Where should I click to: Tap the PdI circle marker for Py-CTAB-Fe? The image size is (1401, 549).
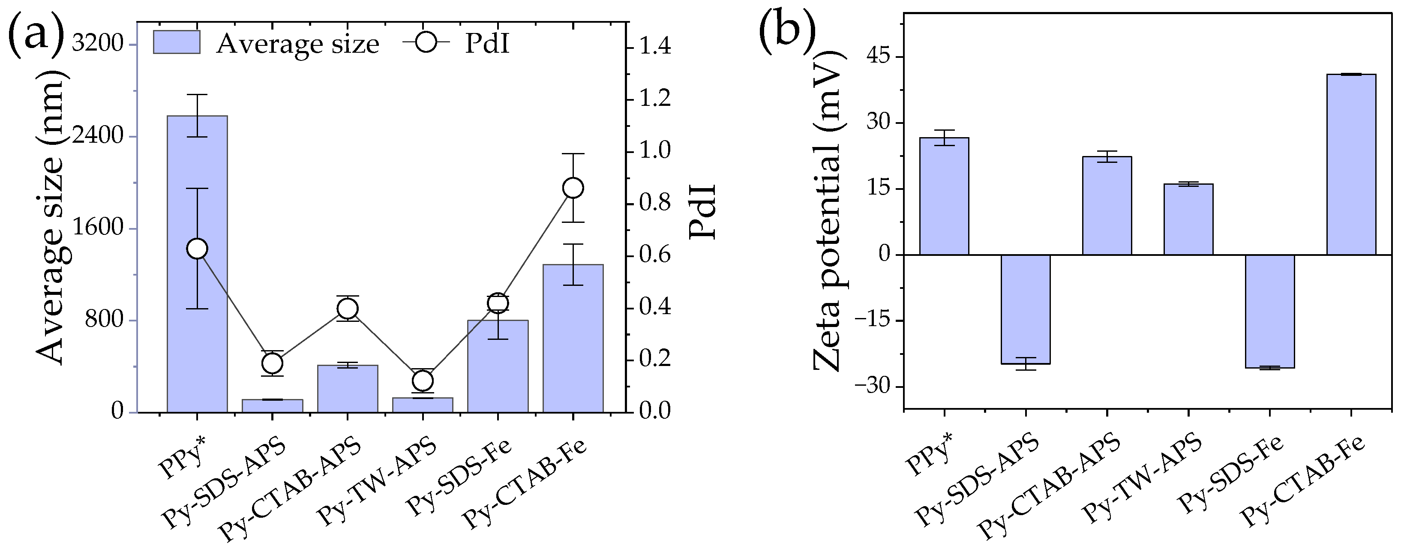[x=573, y=188]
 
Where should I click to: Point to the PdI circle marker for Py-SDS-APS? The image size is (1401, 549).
[x=272, y=363]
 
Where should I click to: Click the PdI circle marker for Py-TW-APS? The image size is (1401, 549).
[x=423, y=380]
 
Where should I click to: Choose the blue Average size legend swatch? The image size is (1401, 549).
[x=176, y=42]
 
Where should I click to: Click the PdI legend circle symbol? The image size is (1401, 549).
[x=427, y=42]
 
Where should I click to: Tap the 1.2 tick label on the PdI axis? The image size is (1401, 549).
[x=655, y=99]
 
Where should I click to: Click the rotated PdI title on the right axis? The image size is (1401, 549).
[x=702, y=212]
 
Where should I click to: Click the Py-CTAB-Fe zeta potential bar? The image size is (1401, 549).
[x=1351, y=164]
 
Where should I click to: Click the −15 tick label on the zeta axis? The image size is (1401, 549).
[x=873, y=321]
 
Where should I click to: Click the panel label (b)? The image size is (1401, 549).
[x=787, y=31]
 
